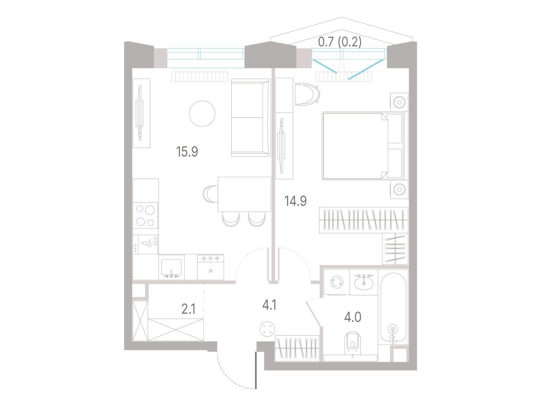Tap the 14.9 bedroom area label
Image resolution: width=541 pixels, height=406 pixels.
coord(296,201)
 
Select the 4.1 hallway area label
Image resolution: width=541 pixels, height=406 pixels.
coord(269,306)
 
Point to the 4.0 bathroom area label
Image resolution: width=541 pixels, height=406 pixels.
coord(353,317)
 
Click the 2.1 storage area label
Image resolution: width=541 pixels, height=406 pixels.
coord(189,309)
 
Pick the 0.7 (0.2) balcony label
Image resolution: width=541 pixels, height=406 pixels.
coord(339,42)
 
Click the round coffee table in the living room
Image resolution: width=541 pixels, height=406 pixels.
coord(202,114)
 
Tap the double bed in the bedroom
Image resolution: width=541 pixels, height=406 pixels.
coord(365,146)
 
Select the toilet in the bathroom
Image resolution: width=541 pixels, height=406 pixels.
coord(352,341)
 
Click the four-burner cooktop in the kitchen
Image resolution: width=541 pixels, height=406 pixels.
coord(145,216)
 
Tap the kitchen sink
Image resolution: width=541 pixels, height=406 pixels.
coord(171,267)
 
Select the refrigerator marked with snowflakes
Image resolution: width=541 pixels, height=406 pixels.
coord(211,267)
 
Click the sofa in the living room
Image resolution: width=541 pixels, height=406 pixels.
coord(251,118)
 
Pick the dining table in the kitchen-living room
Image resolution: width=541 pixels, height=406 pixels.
coord(244,194)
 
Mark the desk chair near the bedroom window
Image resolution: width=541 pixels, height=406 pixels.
coord(307,94)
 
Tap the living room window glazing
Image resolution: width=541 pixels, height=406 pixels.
coord(206,58)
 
